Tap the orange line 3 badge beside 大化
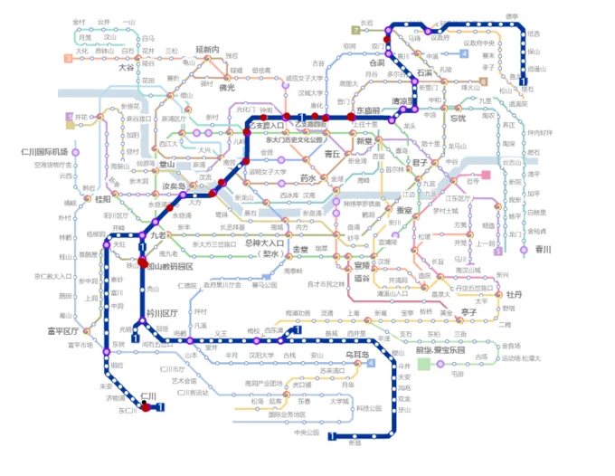pyautogui.click(x=68, y=58)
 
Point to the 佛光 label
pyautogui.click(x=226, y=88)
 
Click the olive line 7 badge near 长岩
pyautogui.click(x=355, y=29)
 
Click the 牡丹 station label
pyautogui.click(x=515, y=294)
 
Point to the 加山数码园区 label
pyautogui.click(x=171, y=267)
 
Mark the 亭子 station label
pyautogui.click(x=468, y=311)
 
